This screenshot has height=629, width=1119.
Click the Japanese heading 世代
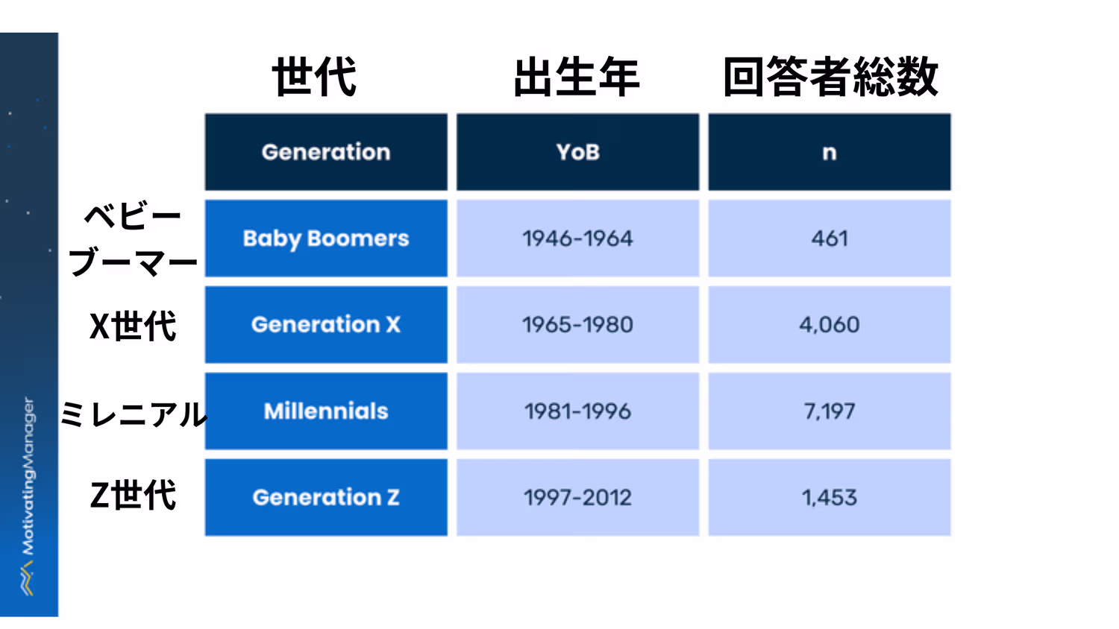[314, 77]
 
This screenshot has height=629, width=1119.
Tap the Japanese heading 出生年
[576, 77]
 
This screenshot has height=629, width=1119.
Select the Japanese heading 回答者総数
[830, 77]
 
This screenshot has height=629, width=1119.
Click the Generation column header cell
[326, 152]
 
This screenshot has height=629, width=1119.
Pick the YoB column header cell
[577, 152]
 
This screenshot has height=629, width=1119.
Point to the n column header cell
[829, 152]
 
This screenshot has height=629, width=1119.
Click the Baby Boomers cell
[326, 238]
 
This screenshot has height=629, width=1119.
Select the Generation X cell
[326, 325]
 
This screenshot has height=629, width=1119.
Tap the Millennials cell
[326, 411]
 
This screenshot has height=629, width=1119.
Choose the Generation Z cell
[326, 497]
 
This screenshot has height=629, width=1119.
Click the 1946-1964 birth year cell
[577, 238]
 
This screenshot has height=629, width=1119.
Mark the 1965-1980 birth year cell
[577, 325]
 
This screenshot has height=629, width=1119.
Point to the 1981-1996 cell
[577, 411]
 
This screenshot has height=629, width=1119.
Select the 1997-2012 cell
[577, 497]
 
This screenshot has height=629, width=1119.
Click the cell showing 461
[829, 238]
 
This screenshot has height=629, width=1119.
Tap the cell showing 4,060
[829, 325]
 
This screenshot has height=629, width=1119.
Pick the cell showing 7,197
[829, 411]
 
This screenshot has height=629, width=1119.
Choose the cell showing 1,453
[829, 497]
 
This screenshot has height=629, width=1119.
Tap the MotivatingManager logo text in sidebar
[28, 477]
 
